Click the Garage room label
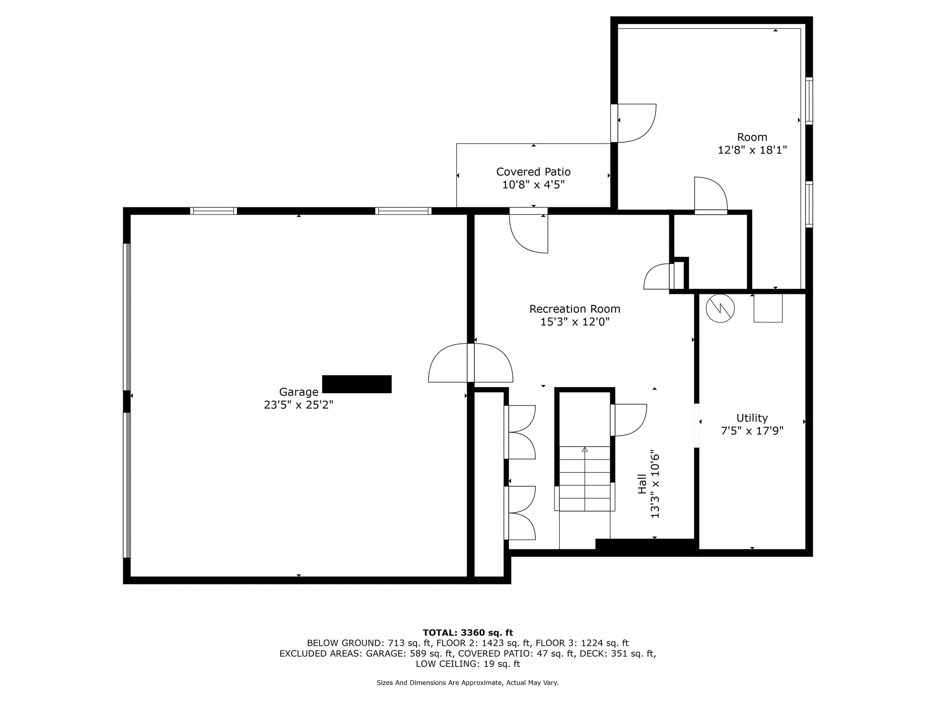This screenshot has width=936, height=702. pos(299,392)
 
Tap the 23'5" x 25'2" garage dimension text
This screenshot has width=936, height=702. pos(299,405)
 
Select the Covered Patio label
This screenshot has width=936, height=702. pos(534,172)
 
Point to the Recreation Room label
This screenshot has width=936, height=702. pos(575,309)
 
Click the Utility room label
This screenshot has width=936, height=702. pos(752,418)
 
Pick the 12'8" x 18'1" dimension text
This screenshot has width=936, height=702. pos(753,150)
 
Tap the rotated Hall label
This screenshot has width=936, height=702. pos(642,484)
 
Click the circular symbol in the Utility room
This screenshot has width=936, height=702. pos(720,308)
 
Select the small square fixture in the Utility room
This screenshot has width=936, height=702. pos(768,308)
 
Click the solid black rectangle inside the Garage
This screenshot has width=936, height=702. pos(357,384)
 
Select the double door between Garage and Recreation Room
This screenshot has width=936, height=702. pos(471,363)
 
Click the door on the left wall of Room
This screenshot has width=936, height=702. pos(634,123)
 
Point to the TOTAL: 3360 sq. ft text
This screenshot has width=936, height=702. pos(468,633)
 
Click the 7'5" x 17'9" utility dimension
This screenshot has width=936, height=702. pos(752,431)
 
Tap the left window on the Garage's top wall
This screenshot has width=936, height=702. pos(213,211)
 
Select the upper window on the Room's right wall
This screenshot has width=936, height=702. pos(809,101)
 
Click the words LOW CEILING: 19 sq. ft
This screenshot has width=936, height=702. pos(468,664)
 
